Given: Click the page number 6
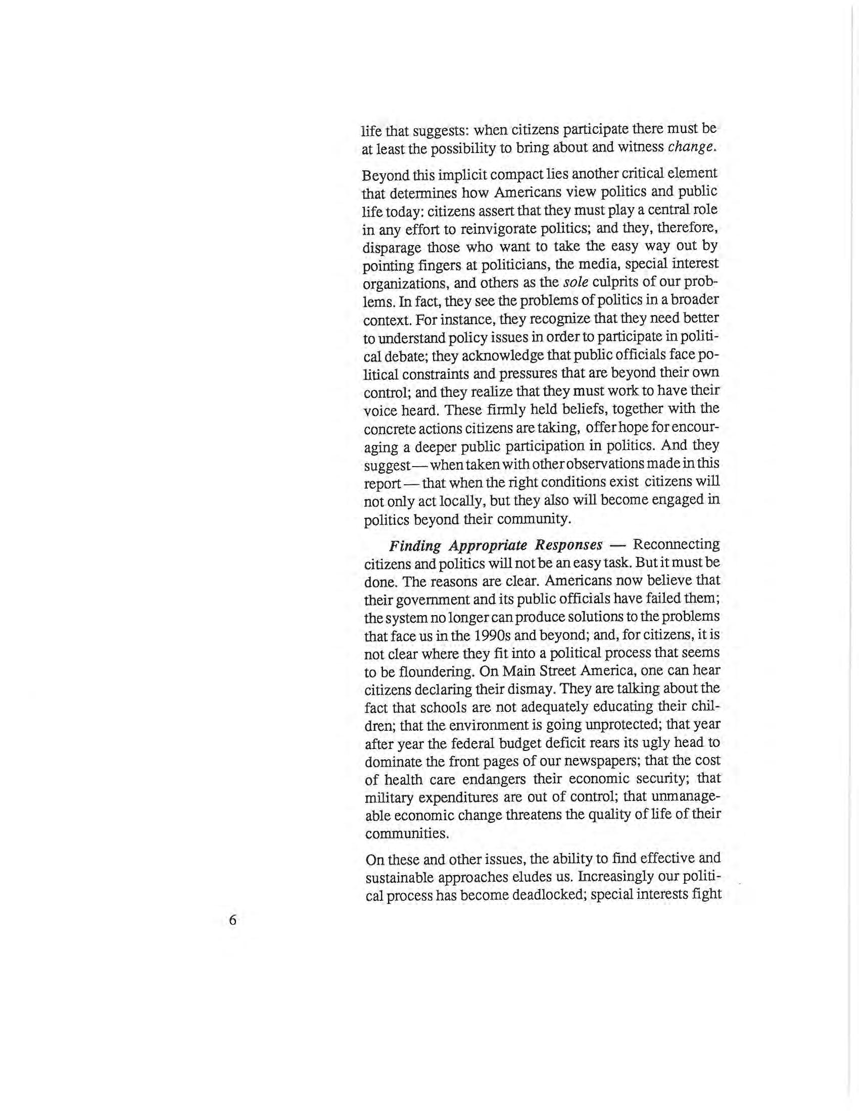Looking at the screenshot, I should click(x=233, y=920).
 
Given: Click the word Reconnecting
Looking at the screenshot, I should click(x=676, y=545).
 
